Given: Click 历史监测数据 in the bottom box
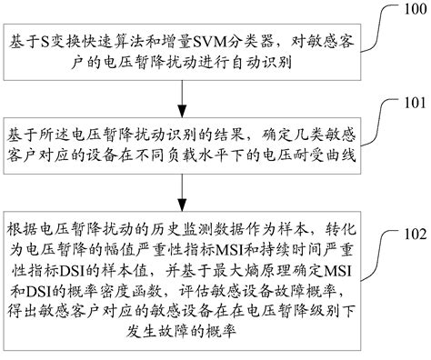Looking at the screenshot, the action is pos(198,227).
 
